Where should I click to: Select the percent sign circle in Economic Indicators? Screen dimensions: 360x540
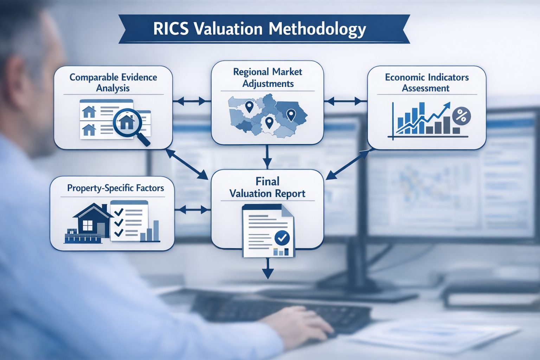[461, 116]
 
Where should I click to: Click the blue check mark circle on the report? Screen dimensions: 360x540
[282, 238]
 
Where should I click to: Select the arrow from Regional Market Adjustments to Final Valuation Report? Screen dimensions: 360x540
[267, 157]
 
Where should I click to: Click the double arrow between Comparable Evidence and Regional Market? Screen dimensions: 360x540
[192, 102]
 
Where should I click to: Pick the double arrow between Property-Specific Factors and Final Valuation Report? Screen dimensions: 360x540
[192, 210]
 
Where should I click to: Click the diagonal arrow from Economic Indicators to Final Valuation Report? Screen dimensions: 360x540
[348, 164]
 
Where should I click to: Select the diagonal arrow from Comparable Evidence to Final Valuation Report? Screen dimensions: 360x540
[187, 164]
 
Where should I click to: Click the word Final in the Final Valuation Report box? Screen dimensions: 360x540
[268, 181]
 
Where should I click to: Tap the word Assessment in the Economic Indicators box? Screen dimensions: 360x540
[425, 88]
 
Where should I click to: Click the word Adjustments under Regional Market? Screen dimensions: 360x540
[268, 84]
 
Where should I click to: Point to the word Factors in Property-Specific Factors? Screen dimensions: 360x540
[150, 188]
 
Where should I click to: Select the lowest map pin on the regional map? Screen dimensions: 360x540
[269, 123]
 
